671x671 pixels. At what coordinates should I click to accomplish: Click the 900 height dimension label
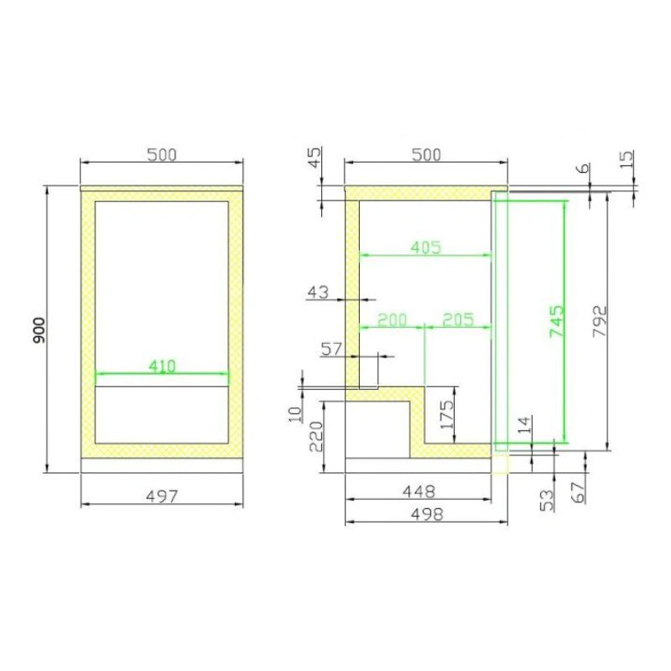point(39,330)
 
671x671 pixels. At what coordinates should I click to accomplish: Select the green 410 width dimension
point(162,367)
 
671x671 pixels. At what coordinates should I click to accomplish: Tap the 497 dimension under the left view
point(162,497)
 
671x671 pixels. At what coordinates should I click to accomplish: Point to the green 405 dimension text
point(425,247)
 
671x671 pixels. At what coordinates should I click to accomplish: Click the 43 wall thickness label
point(318,293)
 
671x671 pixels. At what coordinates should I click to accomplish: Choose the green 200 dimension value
point(392,320)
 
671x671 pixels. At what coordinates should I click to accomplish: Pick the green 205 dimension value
point(458,320)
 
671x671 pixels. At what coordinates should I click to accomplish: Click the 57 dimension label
point(331,349)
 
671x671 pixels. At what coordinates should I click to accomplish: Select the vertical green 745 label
point(557,321)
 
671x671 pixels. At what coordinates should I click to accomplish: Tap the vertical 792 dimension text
point(600,321)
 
